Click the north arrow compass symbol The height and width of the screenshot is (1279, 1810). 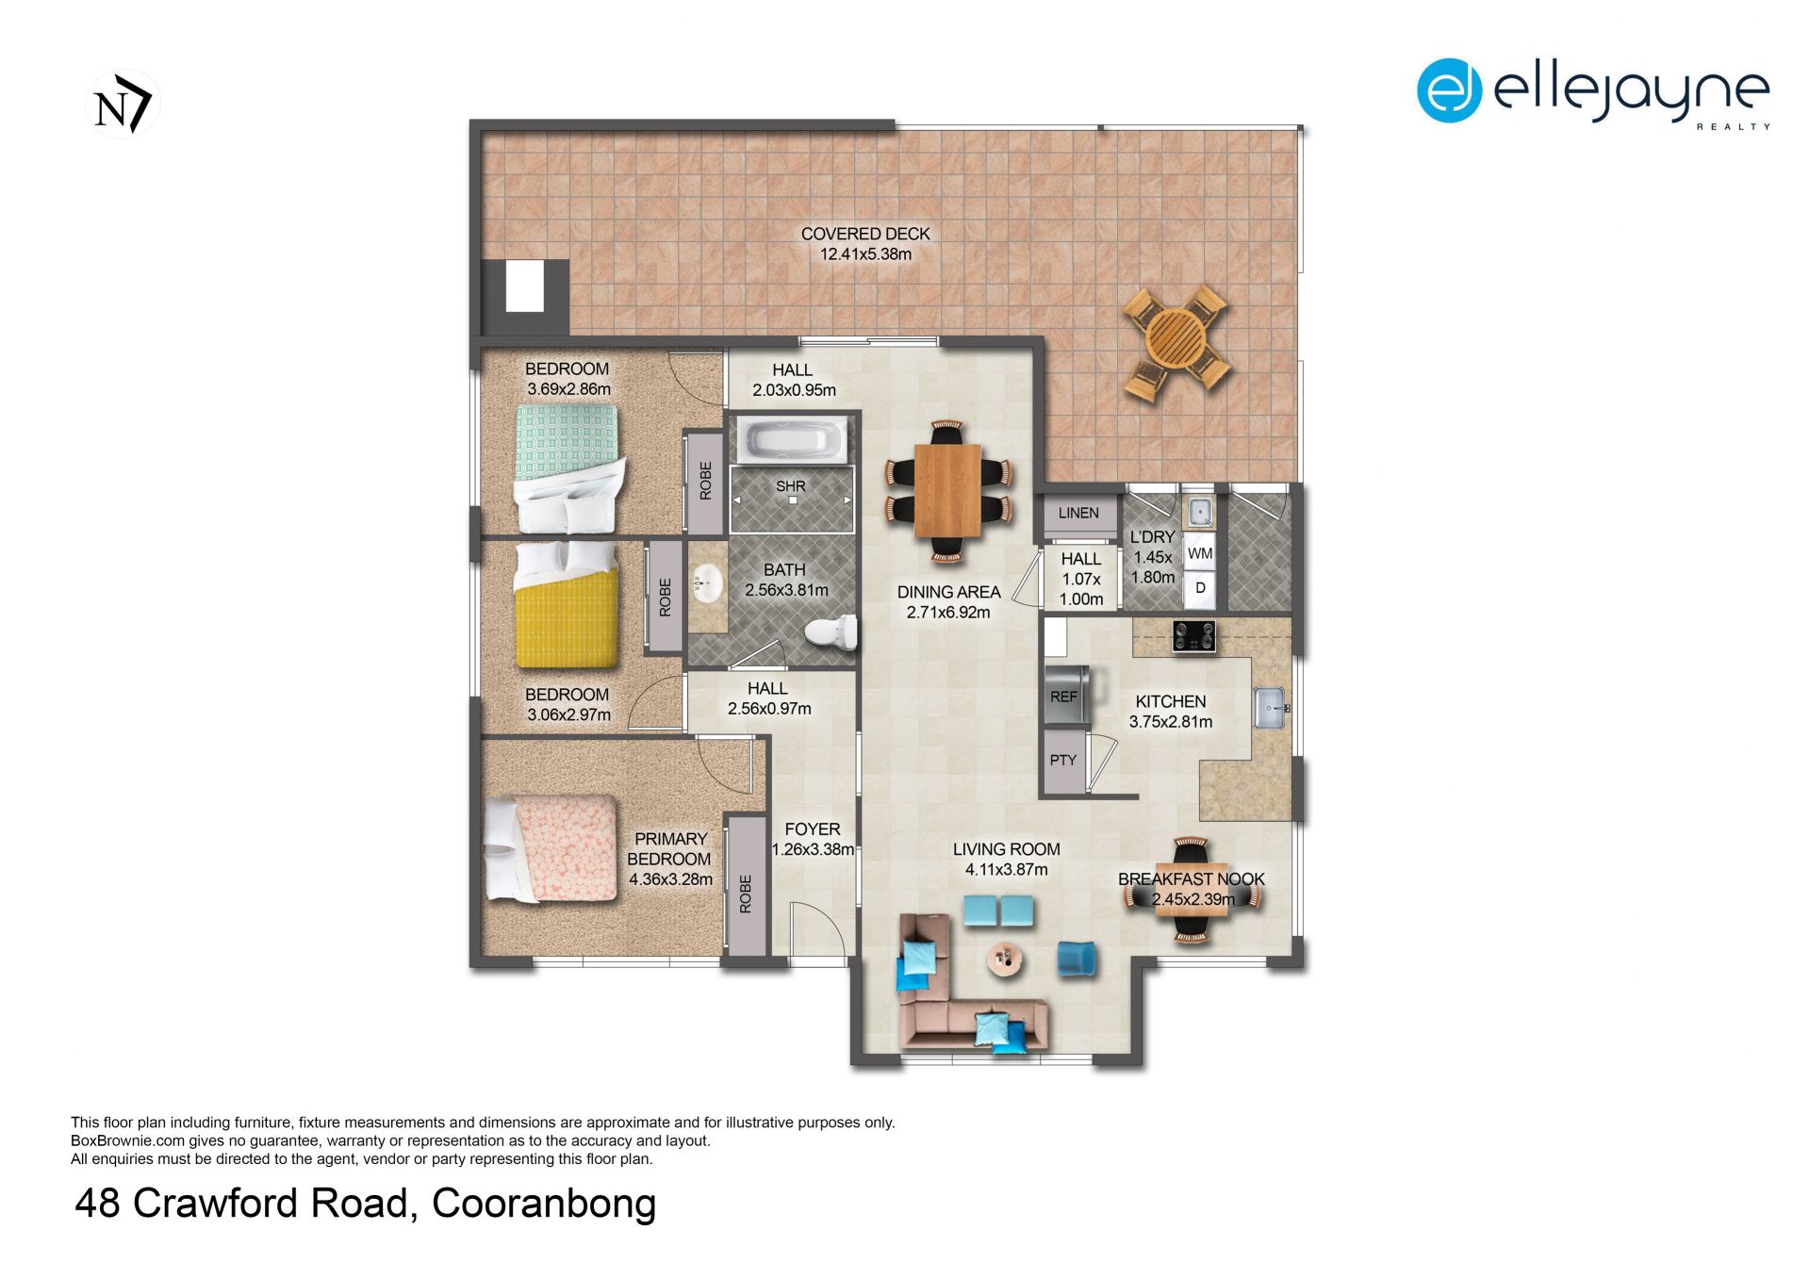coord(123,104)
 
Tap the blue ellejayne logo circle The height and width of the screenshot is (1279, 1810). coord(1449,90)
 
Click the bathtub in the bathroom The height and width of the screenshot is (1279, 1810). coord(792,440)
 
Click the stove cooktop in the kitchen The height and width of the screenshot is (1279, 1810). coord(1193,636)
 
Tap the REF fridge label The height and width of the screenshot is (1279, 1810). coord(1063,697)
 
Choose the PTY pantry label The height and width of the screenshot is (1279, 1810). coord(1062,760)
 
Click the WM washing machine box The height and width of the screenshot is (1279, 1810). coord(1200,553)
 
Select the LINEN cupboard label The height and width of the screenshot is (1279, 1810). coord(1078,513)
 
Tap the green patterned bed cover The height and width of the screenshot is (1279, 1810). coord(566,440)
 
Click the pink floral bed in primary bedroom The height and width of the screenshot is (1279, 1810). coord(551,849)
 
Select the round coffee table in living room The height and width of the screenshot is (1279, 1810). coord(1006,959)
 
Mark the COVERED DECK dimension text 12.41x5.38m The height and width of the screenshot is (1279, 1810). coord(865,254)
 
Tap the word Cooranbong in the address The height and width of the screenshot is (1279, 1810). coord(544,1204)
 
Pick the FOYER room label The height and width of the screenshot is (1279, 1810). coord(813,829)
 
